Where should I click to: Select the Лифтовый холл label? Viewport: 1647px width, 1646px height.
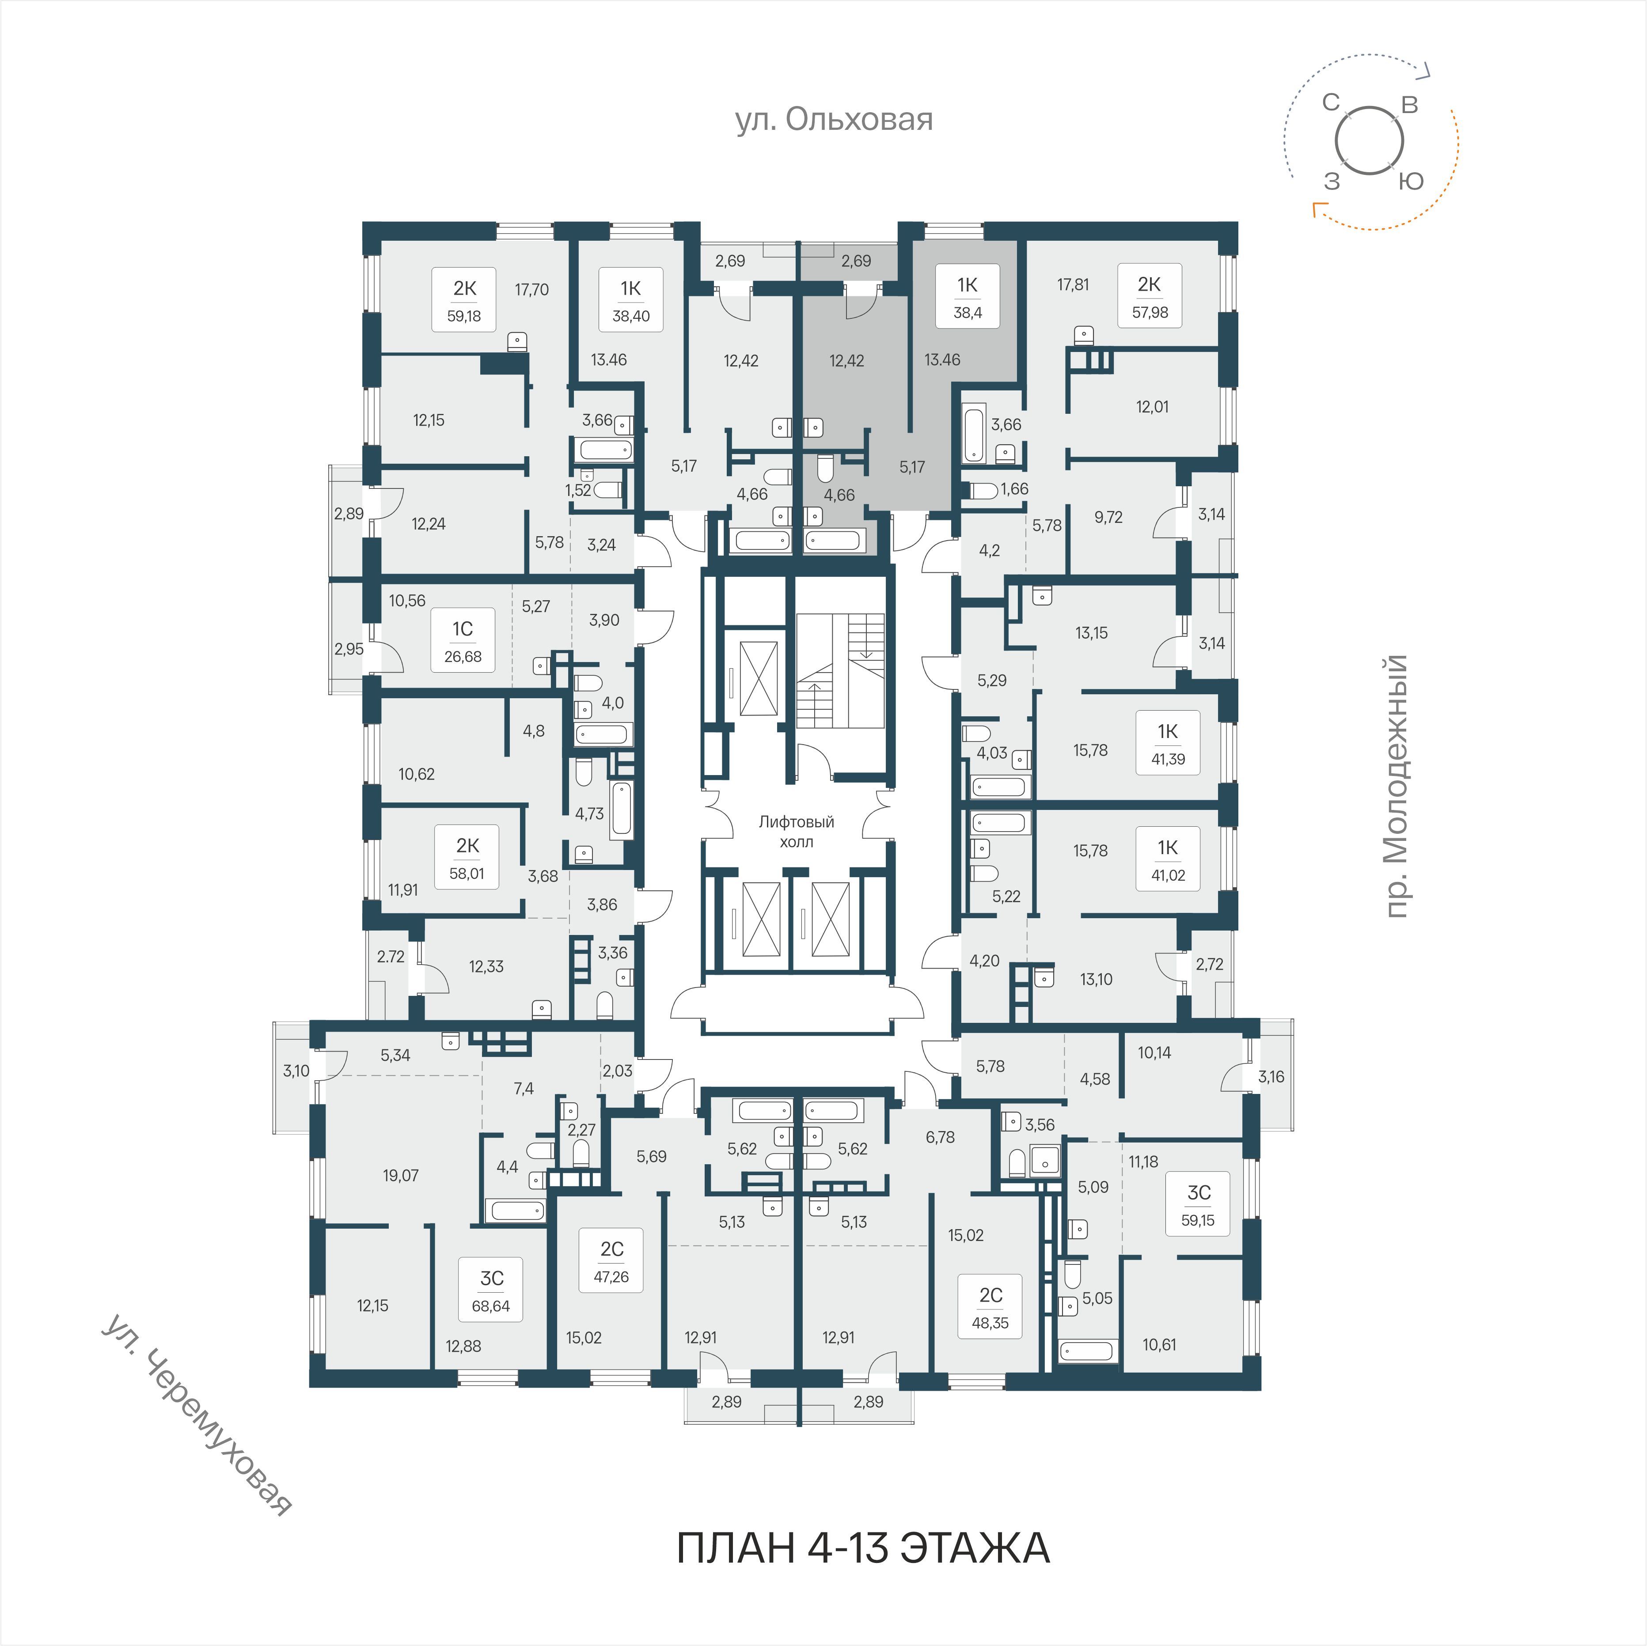[x=796, y=831]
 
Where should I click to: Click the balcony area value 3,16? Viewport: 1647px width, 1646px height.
[x=1271, y=1077]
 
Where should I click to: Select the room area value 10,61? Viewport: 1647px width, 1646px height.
[x=1159, y=1344]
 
